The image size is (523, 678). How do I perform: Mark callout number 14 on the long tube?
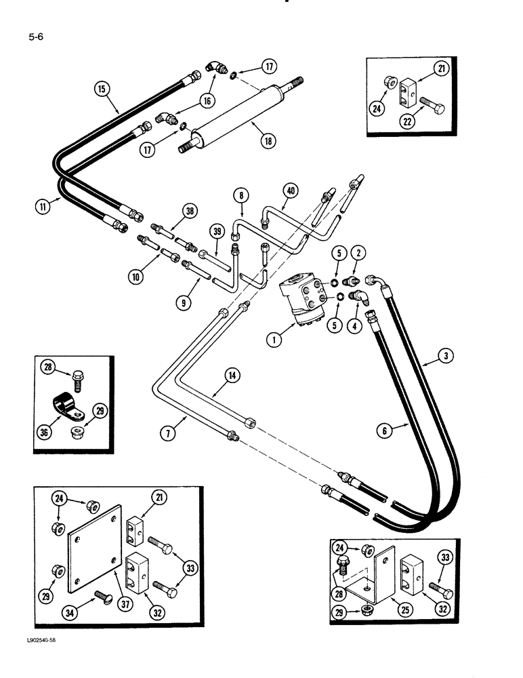click(232, 374)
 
